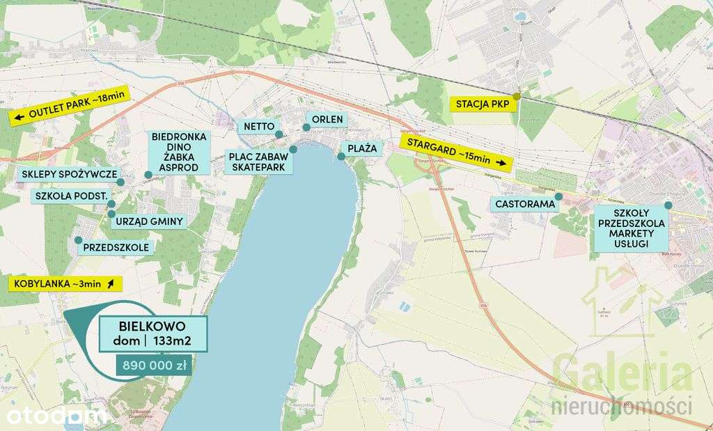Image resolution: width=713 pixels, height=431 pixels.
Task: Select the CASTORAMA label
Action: pos(526,204)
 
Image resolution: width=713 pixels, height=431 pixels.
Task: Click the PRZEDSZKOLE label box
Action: pos(115,246)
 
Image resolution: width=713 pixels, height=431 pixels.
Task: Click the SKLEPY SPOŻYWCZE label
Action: pos(69,174)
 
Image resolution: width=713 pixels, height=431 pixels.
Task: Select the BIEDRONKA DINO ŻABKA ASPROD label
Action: pos(179,152)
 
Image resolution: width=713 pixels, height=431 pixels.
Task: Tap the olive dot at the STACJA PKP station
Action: pos(517,96)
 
